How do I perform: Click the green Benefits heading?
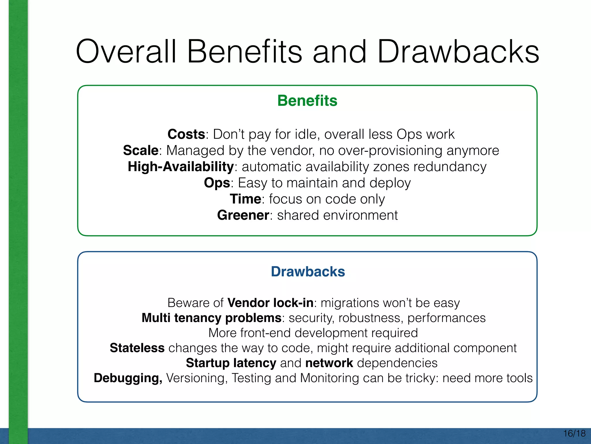307,101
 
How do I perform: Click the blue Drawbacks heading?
308,272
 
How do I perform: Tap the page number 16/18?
574,433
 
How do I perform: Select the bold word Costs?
186,134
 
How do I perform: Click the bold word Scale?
141,151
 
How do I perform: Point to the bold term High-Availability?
180,167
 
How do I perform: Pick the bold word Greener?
243,215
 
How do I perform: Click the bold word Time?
245,199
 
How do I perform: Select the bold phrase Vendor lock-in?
270,303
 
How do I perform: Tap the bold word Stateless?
137,348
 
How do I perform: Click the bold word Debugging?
128,378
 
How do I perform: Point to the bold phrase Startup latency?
231,363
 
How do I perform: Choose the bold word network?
329,363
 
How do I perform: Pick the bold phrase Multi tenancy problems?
211,318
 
